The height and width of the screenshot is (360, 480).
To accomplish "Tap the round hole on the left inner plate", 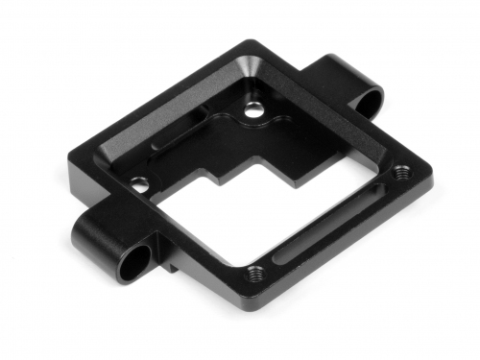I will [x=141, y=184].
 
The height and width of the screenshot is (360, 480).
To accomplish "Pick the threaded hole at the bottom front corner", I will [x=254, y=272].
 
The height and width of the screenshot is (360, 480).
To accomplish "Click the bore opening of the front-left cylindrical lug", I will [x=137, y=258].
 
